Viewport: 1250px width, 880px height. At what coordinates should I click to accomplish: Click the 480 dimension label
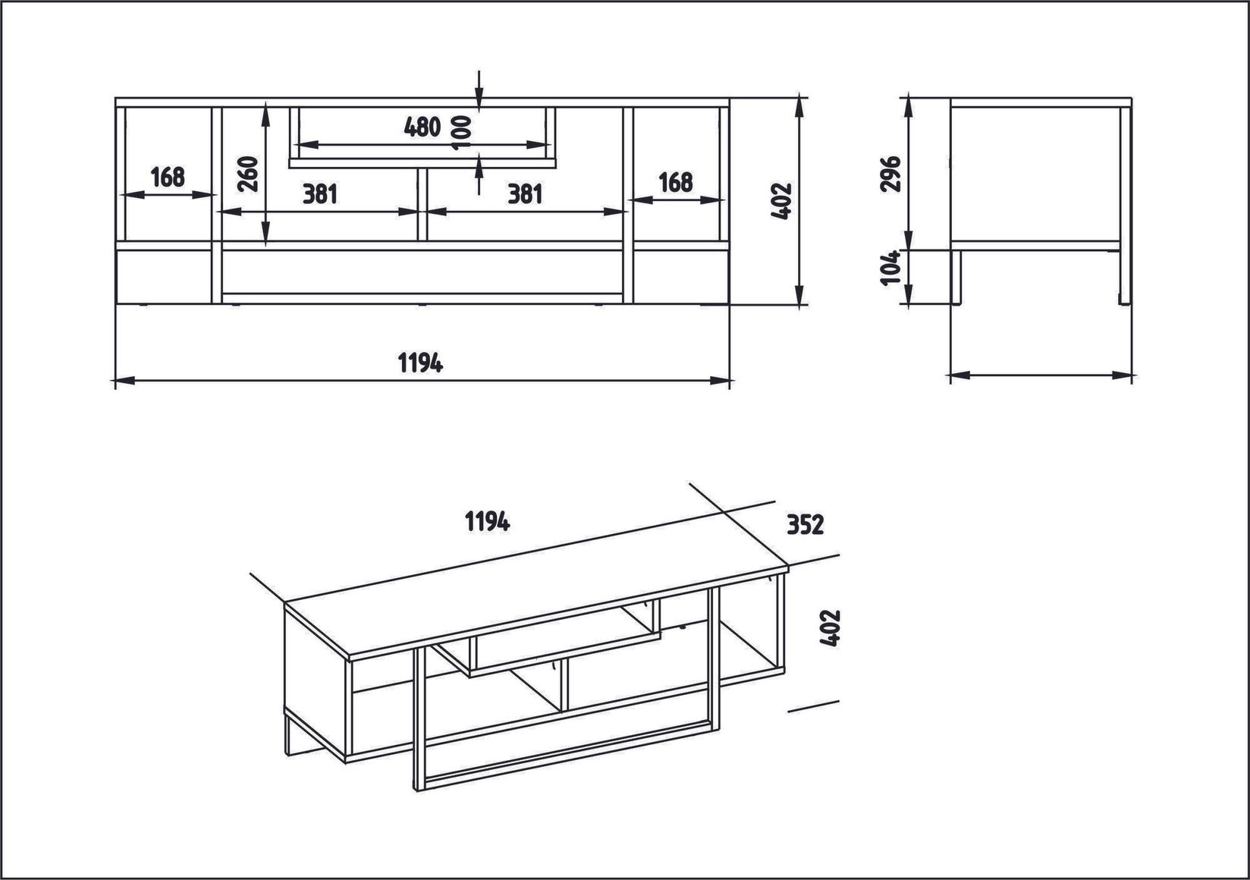coord(422,127)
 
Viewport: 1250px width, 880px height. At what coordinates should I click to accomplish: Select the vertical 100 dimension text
coord(462,134)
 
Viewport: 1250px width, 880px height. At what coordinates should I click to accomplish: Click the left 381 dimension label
coord(319,194)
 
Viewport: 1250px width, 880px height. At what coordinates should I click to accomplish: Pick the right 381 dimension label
coord(525,194)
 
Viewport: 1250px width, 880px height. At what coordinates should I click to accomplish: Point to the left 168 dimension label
coord(168,177)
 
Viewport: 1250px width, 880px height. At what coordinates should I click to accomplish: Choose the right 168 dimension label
coord(675,182)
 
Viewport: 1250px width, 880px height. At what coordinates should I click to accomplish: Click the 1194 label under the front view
coord(420,363)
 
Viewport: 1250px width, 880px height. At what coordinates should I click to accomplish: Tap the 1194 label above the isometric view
coord(487,521)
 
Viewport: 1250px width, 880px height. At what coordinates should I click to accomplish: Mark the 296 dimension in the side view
coord(891,174)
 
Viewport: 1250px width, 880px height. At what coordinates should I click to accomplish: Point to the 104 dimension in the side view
coord(891,268)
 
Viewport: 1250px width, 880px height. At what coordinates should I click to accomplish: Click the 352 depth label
coord(804,524)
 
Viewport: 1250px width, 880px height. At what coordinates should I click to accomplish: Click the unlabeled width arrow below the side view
coord(1041,374)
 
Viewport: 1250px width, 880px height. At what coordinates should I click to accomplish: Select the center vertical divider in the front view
coord(422,205)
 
